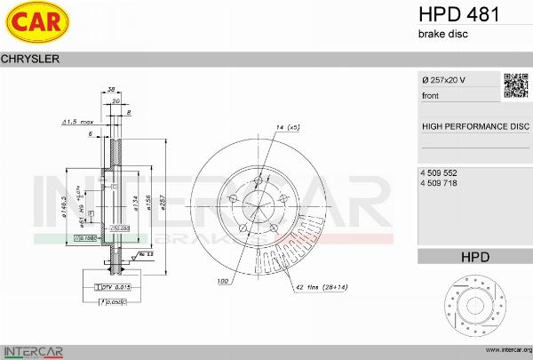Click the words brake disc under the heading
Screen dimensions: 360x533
(x=442, y=34)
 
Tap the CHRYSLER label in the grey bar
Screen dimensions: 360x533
(x=30, y=59)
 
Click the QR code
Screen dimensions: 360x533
(x=517, y=85)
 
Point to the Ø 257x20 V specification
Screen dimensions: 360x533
(x=443, y=80)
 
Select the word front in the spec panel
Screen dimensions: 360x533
(x=431, y=95)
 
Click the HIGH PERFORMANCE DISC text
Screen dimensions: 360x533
(x=474, y=126)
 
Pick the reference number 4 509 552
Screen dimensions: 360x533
(x=439, y=171)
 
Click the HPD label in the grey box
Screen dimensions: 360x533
(x=474, y=257)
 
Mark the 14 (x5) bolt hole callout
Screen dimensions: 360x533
(x=287, y=128)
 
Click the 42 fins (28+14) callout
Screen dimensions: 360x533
(x=323, y=286)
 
